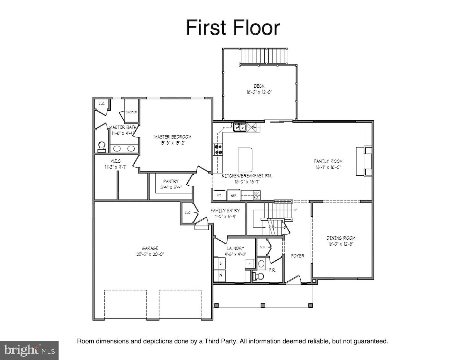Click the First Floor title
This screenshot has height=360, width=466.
pos(232,28)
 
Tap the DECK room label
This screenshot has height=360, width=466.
pos(259,86)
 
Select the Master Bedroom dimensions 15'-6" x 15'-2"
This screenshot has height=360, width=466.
pos(172,143)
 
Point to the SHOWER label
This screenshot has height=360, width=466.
pos(131,112)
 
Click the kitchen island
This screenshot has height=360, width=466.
pos(245,160)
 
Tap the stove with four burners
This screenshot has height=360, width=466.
pos(218,149)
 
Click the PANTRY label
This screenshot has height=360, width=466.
pos(171,181)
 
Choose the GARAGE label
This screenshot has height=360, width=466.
pos(150,248)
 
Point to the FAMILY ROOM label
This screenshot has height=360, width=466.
pos(328,161)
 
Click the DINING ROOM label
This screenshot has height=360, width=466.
pos(340,238)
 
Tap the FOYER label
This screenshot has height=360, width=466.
pos(297,256)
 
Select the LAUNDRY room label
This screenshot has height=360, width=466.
pos(235,248)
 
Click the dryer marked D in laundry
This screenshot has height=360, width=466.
pos(221,263)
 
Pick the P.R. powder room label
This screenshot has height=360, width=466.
pos(272,270)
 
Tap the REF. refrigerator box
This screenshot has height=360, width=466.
pos(234,195)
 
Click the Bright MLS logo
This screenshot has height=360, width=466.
pos(29,350)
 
